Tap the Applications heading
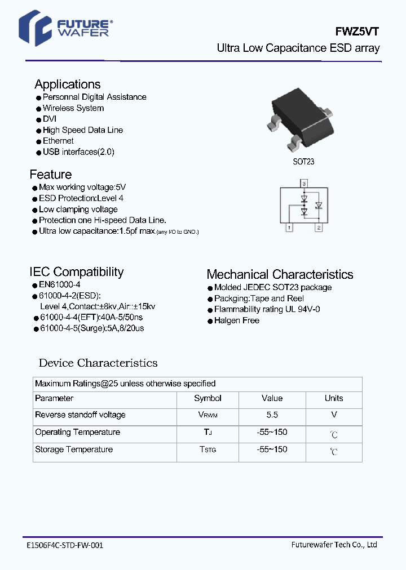tap(68, 84)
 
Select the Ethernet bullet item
tap(58, 141)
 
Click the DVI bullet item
tap(50, 119)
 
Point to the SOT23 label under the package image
tap(303, 162)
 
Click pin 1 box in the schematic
tap(289, 228)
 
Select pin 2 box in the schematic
tap(318, 228)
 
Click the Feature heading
tap(51, 175)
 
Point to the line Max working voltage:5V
tap(82, 187)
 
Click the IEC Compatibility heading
tap(76, 272)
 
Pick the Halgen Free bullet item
tap(237, 320)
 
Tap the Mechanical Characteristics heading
tap(280, 275)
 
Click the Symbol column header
tap(208, 398)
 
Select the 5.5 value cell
tap(272, 415)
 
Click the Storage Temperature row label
tap(74, 449)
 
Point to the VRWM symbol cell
tap(208, 415)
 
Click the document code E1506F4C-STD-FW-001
tap(65, 545)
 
